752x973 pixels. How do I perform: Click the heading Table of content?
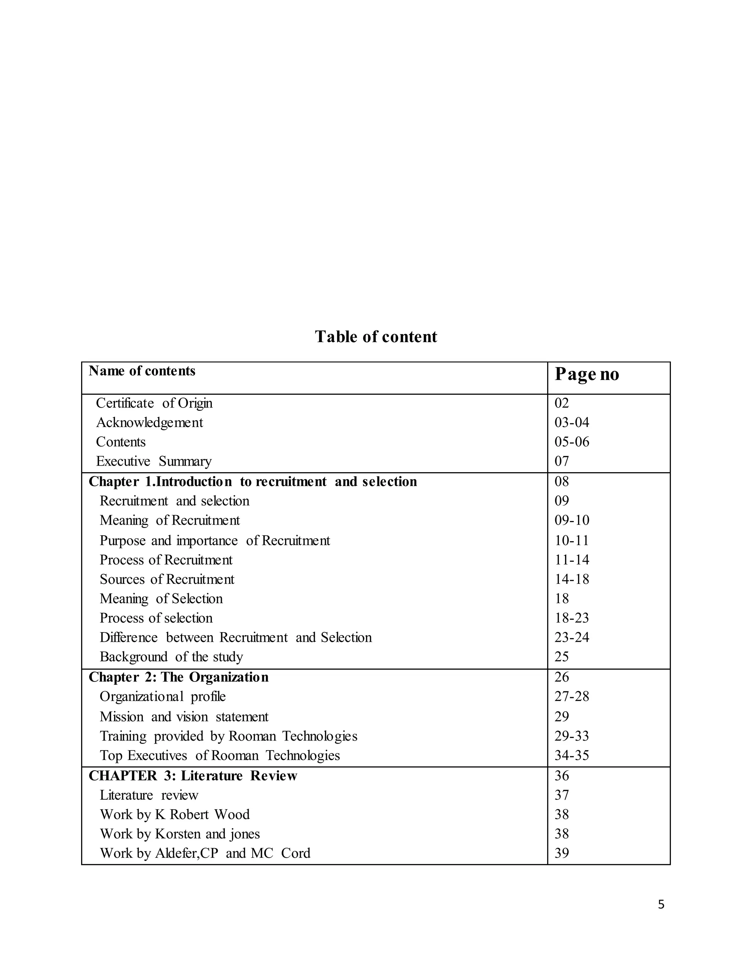376,337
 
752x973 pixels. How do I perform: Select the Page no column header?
586,374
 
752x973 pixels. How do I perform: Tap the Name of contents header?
142,371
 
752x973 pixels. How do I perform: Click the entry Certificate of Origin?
154,403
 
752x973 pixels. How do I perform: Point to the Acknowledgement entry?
149,422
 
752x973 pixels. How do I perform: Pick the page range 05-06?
572,442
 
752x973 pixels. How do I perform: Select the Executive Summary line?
154,461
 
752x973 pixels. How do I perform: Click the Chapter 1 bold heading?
253,482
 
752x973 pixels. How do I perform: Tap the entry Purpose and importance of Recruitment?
215,540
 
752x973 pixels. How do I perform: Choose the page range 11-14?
572,560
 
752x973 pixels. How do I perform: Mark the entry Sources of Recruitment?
167,579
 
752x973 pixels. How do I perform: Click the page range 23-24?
572,637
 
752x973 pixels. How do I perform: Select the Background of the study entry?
171,657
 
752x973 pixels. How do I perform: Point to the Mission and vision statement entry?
184,716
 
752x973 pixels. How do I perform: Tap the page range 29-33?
572,736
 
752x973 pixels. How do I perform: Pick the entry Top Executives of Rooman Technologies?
220,755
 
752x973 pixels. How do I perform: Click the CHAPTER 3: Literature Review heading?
192,775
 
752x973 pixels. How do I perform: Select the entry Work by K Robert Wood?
175,814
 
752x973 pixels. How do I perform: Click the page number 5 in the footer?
661,904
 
